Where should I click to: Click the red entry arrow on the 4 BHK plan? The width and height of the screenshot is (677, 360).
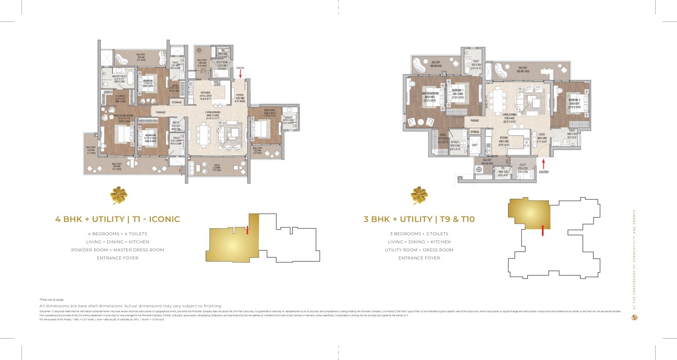[x=240, y=74]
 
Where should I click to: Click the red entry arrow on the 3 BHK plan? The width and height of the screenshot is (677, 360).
[x=543, y=164]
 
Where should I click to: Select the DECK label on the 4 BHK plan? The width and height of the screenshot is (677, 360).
[x=217, y=166]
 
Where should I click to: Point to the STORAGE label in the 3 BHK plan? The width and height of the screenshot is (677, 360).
[x=475, y=132]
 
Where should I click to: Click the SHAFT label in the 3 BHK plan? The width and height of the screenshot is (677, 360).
[x=475, y=145]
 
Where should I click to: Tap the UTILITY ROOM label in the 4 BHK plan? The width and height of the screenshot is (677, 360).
[x=222, y=62]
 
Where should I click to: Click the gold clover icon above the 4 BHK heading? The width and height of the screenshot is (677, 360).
[x=118, y=196]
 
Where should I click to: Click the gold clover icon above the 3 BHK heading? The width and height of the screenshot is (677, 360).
[x=419, y=196]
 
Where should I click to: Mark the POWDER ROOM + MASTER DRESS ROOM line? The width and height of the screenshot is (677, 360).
[x=117, y=250]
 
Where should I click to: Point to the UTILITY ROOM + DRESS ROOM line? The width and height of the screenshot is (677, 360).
[x=419, y=250]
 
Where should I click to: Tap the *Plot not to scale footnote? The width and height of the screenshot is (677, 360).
[x=52, y=300]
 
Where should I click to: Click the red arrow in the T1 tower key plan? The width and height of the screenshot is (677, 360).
[x=247, y=229]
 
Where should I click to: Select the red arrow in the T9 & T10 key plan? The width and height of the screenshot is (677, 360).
[x=542, y=230]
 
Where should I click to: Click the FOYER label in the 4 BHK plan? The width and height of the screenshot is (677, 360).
[x=240, y=95]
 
